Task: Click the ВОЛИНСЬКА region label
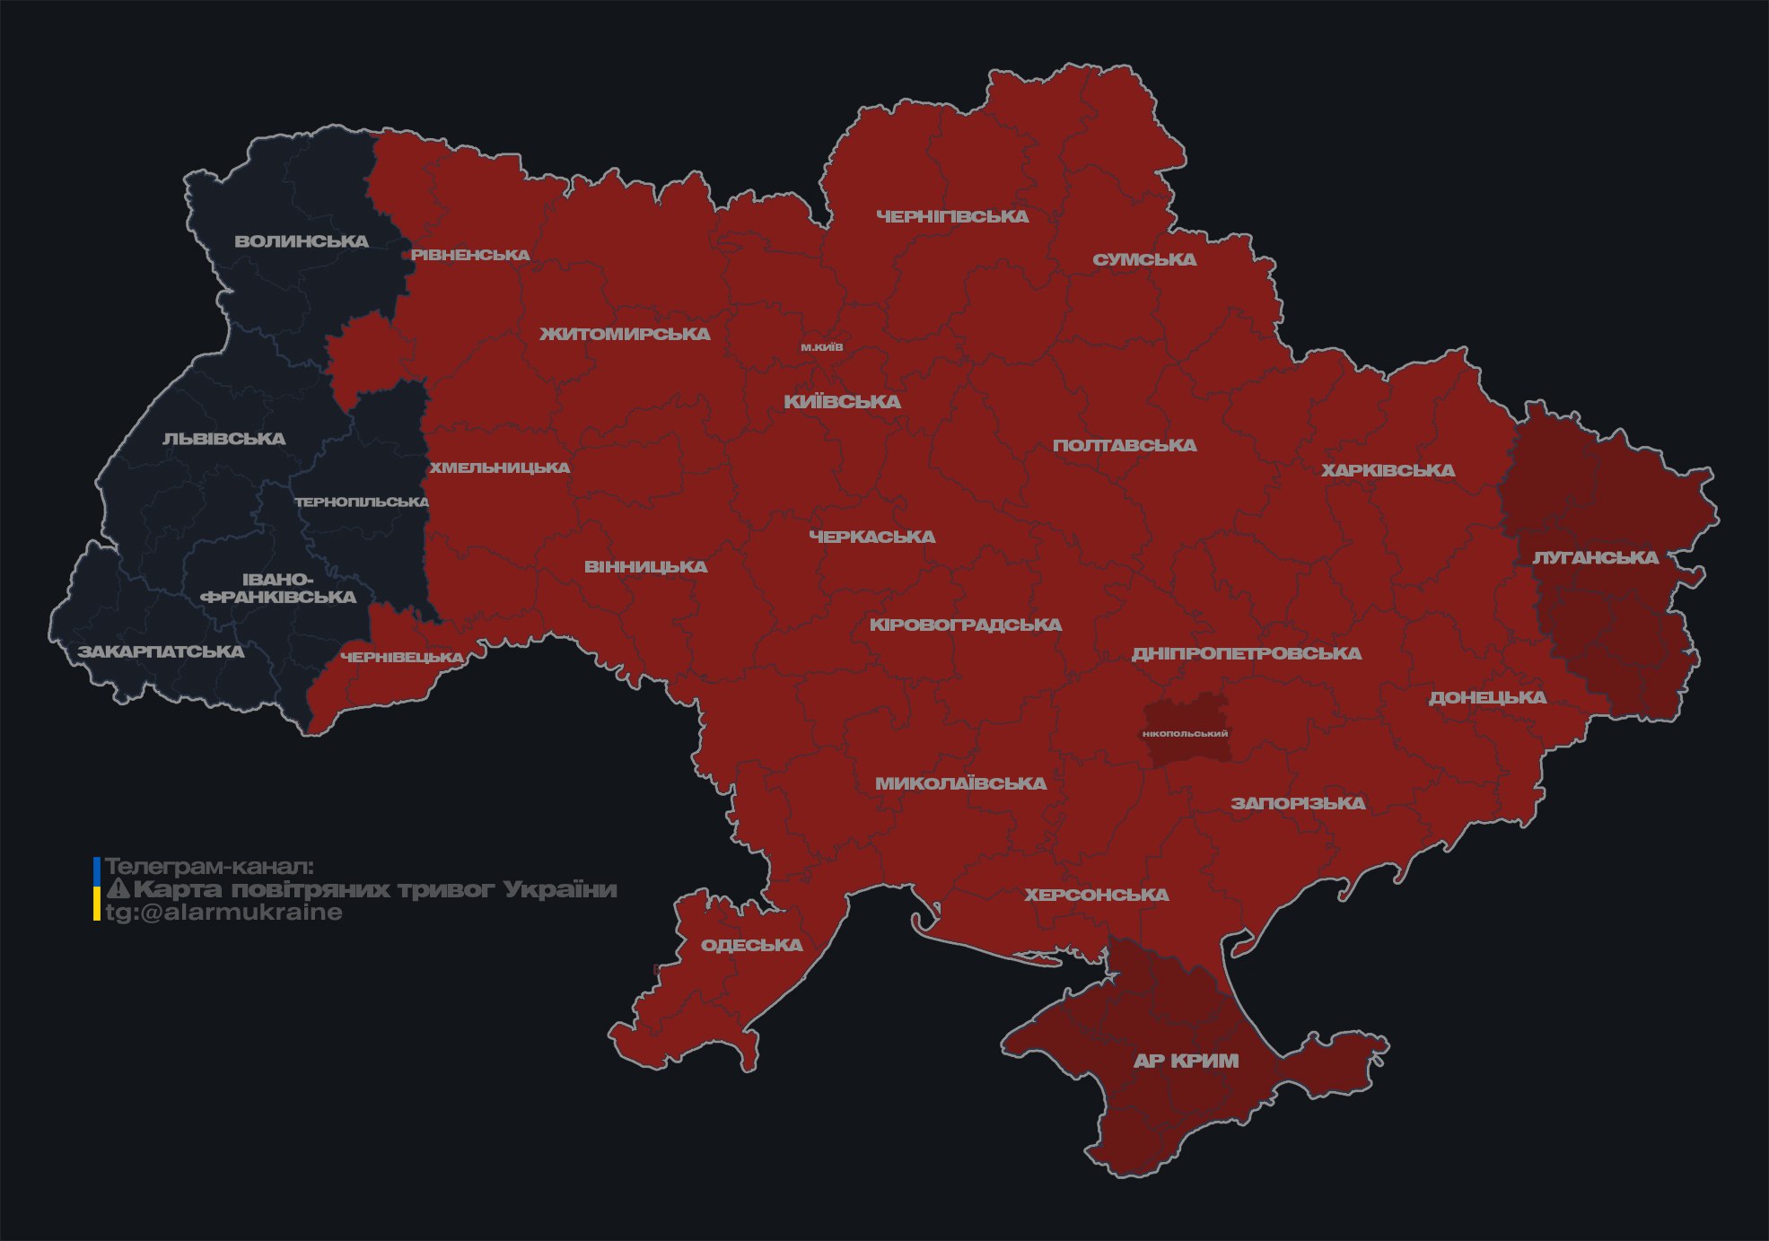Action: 302,241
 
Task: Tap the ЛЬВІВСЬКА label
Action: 224,439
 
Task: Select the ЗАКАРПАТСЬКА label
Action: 161,651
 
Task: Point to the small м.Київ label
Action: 821,347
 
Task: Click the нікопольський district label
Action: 1185,734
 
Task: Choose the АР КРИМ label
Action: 1186,1061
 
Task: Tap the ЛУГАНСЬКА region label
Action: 1595,558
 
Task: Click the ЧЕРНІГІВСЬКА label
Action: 952,216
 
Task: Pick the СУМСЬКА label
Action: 1144,259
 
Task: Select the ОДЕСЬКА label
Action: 751,945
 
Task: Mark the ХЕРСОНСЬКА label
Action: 1097,895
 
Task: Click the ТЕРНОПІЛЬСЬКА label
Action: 362,502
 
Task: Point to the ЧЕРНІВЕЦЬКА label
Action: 402,658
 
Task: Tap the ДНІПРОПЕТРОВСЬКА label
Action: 1246,653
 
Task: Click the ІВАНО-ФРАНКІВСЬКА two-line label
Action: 278,589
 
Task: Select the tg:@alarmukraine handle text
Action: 224,913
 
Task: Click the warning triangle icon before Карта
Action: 118,889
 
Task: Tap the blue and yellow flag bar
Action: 97,888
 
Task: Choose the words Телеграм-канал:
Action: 209,867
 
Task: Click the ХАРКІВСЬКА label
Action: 1388,470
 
